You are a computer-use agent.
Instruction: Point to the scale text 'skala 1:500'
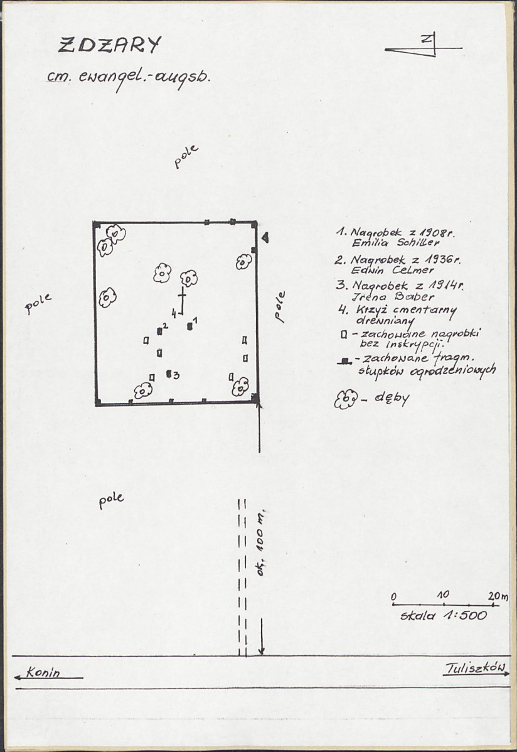click(x=444, y=615)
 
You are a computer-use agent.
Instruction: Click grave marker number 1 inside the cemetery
click(x=190, y=326)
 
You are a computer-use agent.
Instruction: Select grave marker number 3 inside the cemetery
click(x=169, y=373)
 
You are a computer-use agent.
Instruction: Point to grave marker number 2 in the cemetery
click(x=160, y=331)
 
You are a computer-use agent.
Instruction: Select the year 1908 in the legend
click(x=437, y=234)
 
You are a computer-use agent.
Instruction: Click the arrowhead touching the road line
click(x=262, y=650)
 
